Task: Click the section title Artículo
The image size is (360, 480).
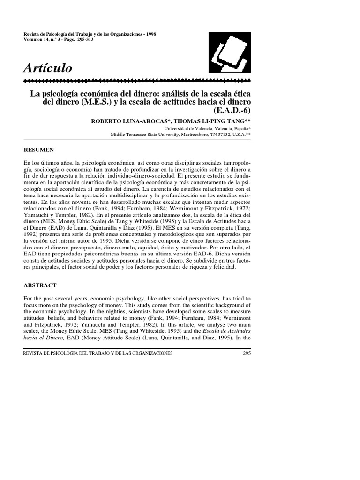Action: (x=48, y=68)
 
